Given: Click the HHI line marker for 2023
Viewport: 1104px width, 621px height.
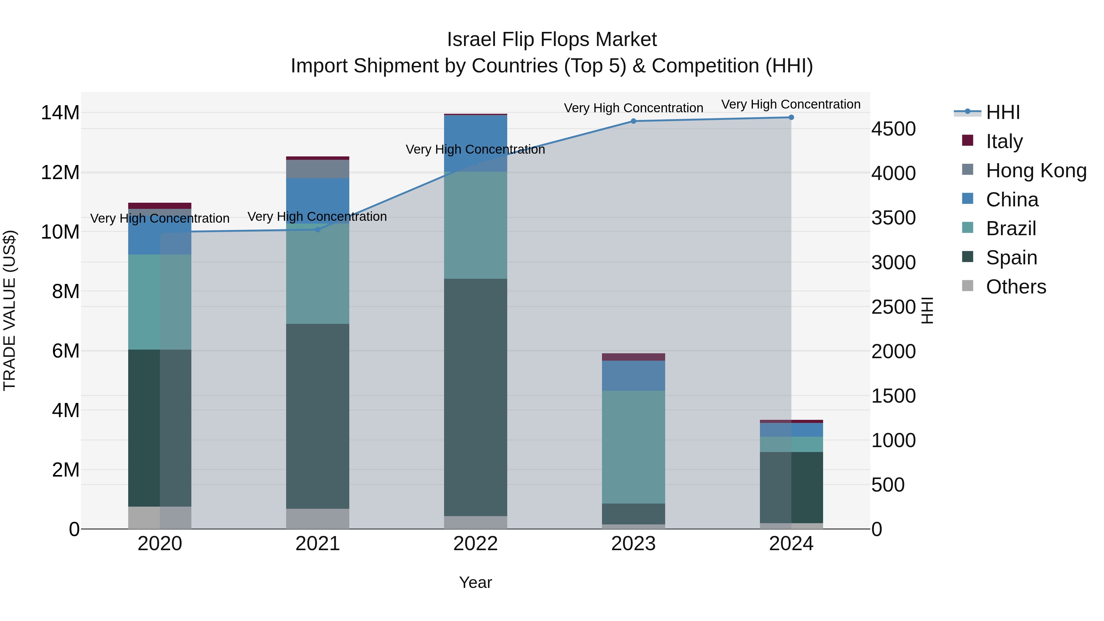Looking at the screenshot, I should click(x=634, y=121).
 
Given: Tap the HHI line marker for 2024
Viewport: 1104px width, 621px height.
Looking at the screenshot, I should click(x=791, y=117).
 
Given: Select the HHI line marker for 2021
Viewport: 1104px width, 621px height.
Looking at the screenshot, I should click(x=318, y=230).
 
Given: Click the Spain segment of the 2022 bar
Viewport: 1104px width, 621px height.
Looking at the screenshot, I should click(x=475, y=397).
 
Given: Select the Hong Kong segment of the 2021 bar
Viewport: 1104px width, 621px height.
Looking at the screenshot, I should click(x=318, y=169).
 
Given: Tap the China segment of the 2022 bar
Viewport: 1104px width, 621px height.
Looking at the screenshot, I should click(x=475, y=143).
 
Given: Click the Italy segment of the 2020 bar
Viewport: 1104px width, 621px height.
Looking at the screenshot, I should click(x=159, y=206).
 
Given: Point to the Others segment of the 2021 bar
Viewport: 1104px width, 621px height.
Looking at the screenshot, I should click(x=318, y=519).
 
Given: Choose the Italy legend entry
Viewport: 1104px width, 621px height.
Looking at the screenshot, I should click(x=1004, y=141).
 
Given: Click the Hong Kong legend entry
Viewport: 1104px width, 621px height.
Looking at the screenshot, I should click(x=1036, y=171).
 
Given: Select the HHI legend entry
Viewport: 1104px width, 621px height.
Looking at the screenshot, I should click(x=1002, y=112).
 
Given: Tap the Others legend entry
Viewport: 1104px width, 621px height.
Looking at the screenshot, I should click(x=1016, y=287).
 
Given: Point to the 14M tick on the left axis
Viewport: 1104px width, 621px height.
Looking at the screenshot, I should click(x=60, y=113).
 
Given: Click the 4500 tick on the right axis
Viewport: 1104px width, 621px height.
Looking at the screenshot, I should click(x=894, y=129).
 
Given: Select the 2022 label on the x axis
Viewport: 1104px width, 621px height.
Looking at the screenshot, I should click(x=475, y=544).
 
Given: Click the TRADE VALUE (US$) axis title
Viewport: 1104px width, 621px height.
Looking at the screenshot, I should click(x=10, y=310).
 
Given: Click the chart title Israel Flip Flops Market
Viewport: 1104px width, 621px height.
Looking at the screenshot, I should click(x=552, y=40).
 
